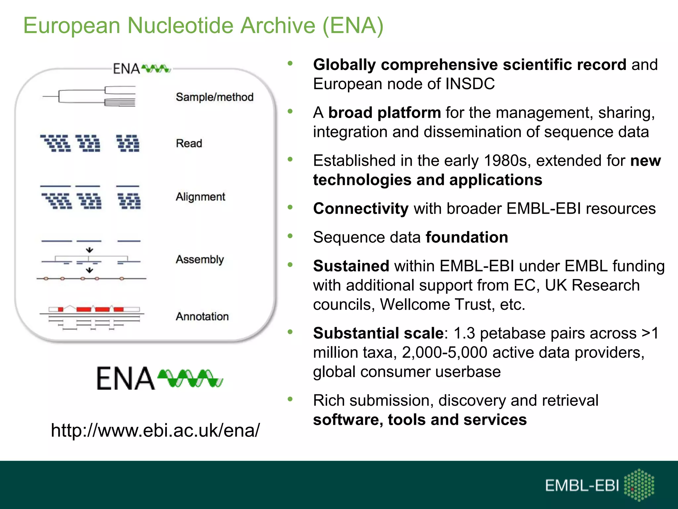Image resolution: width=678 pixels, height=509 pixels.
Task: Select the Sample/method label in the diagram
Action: [x=215, y=97]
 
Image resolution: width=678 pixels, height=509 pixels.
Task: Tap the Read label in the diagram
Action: [x=189, y=143]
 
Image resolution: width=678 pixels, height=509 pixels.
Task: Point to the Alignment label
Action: [x=200, y=197]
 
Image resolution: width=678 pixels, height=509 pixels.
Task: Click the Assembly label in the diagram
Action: [x=200, y=259]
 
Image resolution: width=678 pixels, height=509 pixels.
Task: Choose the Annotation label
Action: [x=202, y=316]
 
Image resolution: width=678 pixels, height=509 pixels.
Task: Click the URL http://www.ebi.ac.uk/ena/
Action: [x=155, y=430]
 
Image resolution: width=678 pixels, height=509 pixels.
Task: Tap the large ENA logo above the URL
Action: [x=160, y=378]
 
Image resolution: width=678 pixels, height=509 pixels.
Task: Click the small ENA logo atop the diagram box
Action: [x=142, y=69]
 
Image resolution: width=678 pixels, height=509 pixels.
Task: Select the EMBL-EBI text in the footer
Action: [x=582, y=486]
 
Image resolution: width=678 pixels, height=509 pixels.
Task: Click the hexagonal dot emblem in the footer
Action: [x=639, y=484]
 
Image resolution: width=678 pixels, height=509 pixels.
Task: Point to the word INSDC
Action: [x=470, y=84]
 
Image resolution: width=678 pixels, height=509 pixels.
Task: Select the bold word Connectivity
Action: [x=361, y=209]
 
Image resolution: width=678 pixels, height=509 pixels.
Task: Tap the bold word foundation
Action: [x=467, y=237]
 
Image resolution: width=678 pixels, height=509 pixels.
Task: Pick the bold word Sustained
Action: [x=351, y=266]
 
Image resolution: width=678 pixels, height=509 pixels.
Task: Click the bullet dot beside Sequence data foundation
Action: [x=290, y=236]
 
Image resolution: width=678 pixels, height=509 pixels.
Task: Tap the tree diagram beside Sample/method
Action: [x=89, y=96]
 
